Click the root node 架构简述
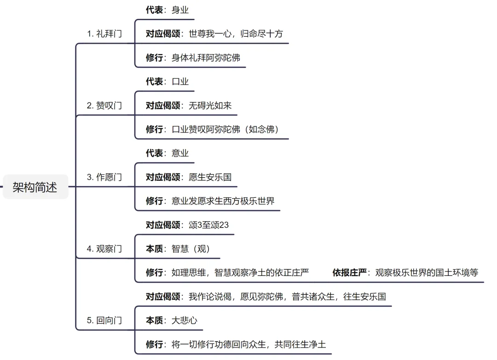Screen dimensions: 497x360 [35, 187]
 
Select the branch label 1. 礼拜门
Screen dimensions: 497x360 [104, 34]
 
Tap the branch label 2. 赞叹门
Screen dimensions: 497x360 [104, 105]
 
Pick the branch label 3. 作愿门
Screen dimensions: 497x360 [104, 177]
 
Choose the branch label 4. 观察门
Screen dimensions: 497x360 [104, 249]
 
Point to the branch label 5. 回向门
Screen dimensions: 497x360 [104, 320]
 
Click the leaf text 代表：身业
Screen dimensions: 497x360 [167, 10]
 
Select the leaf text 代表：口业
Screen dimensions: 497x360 [167, 81]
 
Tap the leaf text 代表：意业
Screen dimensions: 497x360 [167, 153]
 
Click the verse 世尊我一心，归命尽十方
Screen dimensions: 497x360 [236, 34]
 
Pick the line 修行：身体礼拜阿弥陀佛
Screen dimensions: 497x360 [193, 57]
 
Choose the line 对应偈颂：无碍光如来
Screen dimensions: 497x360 [189, 105]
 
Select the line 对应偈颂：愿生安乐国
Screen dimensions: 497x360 [189, 177]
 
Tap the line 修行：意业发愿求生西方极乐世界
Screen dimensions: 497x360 [210, 201]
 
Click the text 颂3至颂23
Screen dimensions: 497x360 [208, 225]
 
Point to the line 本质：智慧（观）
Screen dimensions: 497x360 [178, 249]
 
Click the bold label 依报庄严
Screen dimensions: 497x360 [349, 273]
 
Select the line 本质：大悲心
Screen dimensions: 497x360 [171, 320]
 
